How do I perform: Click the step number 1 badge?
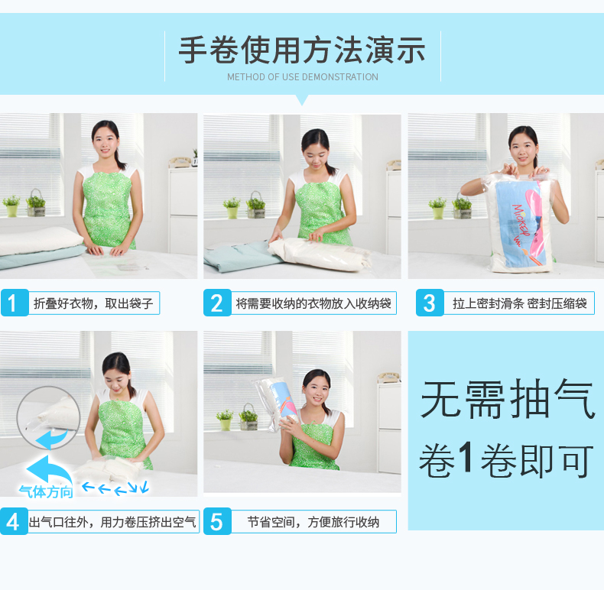pos(15,303)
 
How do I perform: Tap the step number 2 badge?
pos(217,303)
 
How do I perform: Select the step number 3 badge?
pos(430,303)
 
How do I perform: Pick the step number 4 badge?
pos(14,521)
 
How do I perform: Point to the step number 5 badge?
pos(217,521)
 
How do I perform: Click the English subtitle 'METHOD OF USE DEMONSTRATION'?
pos(303,77)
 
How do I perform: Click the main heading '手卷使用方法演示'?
pos(303,50)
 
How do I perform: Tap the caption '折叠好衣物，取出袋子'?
pos(93,303)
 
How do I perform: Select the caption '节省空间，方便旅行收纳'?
pos(313,522)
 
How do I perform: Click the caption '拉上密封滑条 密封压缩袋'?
pos(520,303)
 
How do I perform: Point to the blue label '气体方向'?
pos(46,492)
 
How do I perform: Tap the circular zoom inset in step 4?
pos(48,418)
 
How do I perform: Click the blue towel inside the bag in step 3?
pos(520,224)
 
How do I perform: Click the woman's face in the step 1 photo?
pos(106,141)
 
